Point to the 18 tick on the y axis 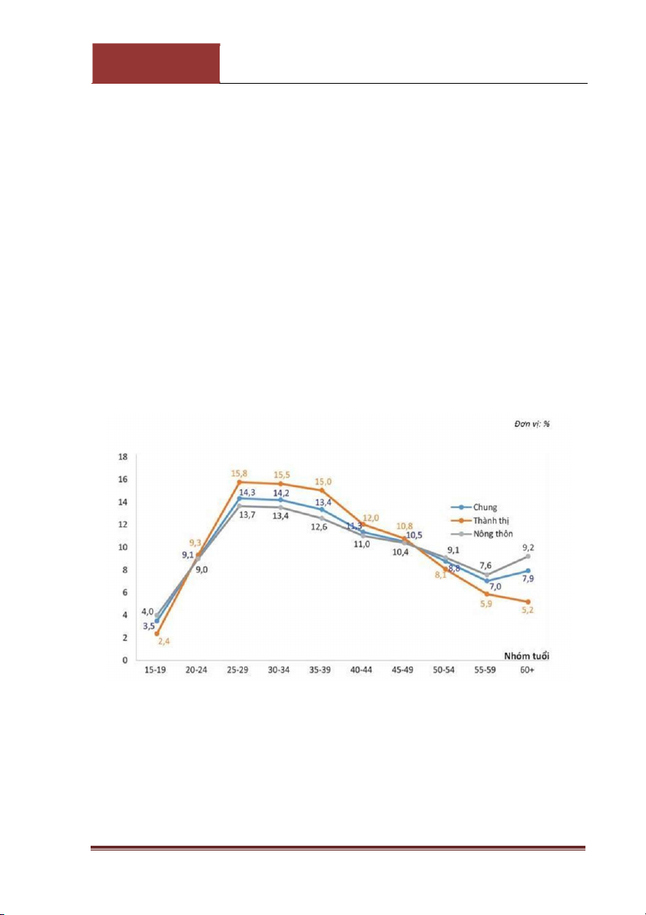tap(122, 456)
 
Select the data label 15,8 tap(238, 473)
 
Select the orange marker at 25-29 tap(240, 482)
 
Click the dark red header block tap(156, 63)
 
